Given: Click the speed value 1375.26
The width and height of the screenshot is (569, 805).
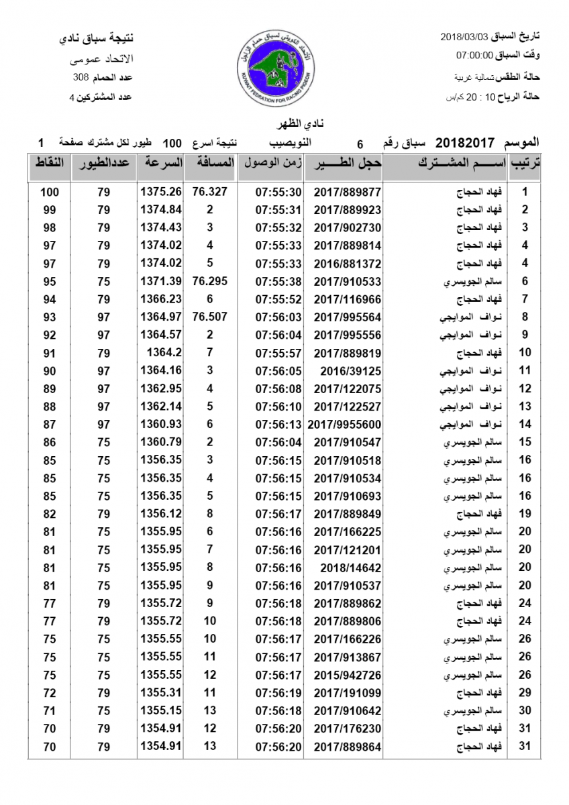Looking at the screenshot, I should pyautogui.click(x=161, y=192).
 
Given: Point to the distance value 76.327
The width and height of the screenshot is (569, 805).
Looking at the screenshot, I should pyautogui.click(x=209, y=192).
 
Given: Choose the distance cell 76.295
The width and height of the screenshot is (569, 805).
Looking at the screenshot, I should pyautogui.click(x=209, y=281).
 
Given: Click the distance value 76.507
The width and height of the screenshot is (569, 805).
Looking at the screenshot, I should pyautogui.click(x=209, y=317).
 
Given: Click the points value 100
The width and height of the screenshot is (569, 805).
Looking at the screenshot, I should pyautogui.click(x=50, y=193).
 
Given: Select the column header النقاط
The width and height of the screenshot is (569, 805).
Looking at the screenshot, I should pyautogui.click(x=49, y=164).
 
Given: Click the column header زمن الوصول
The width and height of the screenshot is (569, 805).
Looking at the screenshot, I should pyautogui.click(x=270, y=164).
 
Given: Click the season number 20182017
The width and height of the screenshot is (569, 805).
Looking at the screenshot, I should pyautogui.click(x=465, y=143).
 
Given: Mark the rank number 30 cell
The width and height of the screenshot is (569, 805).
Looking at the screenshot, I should pyautogui.click(x=525, y=710).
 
